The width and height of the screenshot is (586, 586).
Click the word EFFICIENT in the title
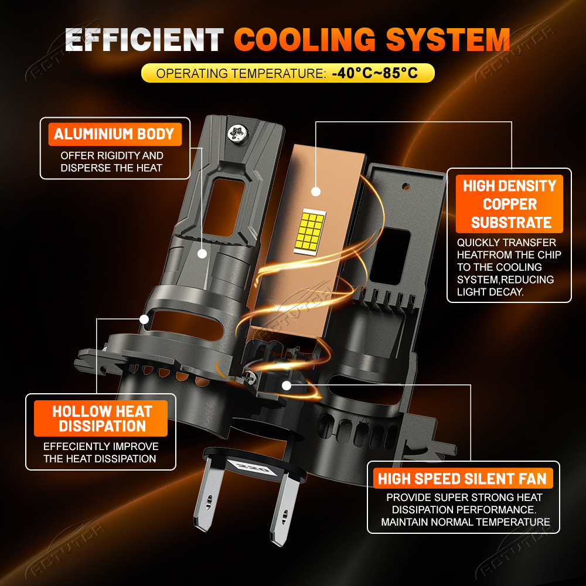[x=144, y=40]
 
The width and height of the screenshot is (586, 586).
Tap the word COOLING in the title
[x=305, y=39]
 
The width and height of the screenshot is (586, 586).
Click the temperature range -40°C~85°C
[x=375, y=73]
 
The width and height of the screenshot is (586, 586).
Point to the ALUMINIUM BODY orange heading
[x=114, y=134]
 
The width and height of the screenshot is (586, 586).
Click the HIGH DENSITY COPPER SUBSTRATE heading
[x=509, y=204]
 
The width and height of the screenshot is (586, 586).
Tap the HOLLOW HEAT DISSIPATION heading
[x=101, y=418]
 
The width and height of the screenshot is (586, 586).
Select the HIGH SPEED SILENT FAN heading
[x=463, y=478]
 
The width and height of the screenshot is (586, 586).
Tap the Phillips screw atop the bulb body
[x=238, y=134]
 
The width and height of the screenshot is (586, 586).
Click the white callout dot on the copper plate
[x=316, y=192]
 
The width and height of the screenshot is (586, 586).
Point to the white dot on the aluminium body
[x=202, y=254]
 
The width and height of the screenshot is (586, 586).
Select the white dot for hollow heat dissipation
[x=144, y=319]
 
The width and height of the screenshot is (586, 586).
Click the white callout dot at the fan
[x=287, y=386]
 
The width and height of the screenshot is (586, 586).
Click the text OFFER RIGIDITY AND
[x=112, y=155]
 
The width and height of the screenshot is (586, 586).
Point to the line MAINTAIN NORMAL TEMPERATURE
[x=465, y=522]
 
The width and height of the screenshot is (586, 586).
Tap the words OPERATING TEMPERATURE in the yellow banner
[x=241, y=73]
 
